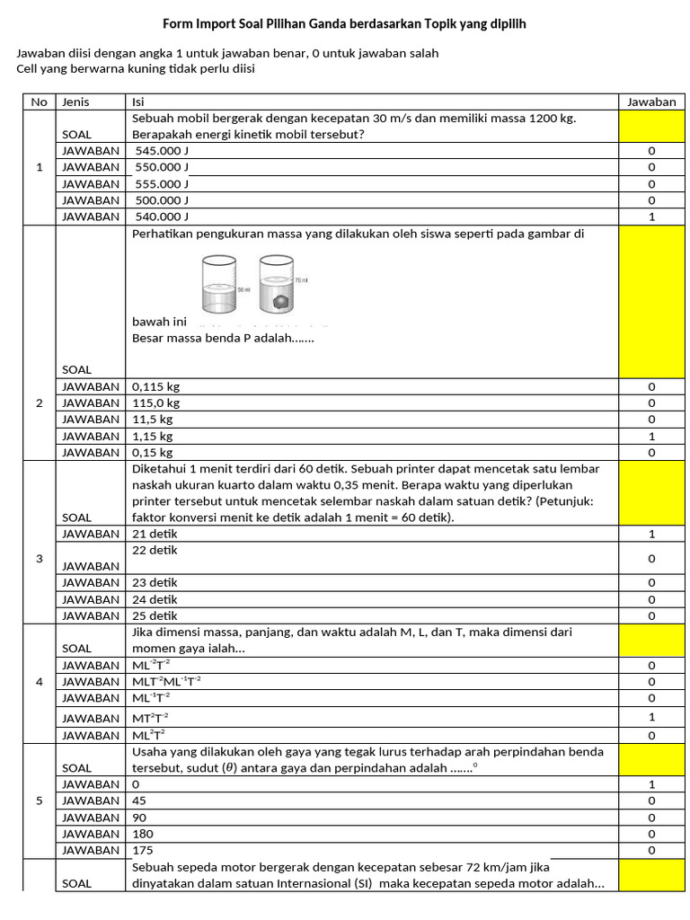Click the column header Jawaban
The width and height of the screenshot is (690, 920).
[650, 102]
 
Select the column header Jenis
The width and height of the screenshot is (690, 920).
[75, 102]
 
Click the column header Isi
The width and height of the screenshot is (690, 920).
[137, 102]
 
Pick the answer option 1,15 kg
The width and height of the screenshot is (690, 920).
[152, 436]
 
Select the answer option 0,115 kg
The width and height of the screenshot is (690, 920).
[155, 386]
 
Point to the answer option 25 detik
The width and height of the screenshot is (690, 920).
[155, 615]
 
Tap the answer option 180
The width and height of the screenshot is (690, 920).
[143, 833]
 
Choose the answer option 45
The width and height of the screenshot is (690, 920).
[139, 801]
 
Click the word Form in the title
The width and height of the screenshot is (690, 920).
[177, 25]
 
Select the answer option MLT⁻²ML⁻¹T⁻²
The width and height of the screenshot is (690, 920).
[169, 681]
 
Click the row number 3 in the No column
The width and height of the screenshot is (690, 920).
[39, 559]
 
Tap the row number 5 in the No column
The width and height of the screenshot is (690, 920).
[39, 801]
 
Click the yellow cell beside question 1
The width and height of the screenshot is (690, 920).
[650, 126]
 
